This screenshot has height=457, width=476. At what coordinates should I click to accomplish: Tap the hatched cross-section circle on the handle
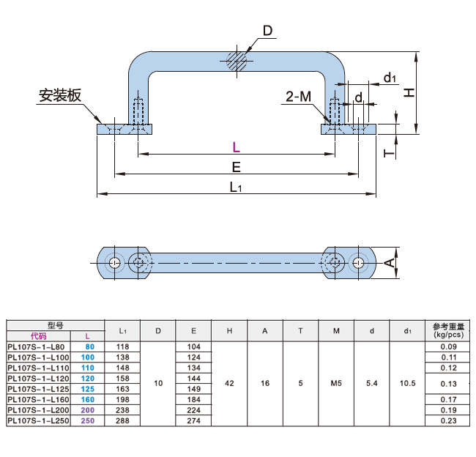237,60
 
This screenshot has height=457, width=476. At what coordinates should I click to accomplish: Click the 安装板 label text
60,96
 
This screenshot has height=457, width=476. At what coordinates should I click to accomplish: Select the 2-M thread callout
298,97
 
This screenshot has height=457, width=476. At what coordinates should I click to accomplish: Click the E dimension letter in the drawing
237,167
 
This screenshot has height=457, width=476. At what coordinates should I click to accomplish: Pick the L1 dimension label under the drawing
236,187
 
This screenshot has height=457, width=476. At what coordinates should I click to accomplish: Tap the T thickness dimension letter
390,152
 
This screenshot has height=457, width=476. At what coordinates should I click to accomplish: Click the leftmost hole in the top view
115,262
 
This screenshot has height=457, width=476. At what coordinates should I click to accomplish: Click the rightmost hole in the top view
358,262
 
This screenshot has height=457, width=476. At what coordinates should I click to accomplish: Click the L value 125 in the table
88,389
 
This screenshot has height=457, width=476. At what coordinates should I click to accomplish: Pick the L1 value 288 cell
122,421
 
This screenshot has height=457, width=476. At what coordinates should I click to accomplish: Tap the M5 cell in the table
336,383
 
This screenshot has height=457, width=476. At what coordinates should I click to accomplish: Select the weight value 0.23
448,421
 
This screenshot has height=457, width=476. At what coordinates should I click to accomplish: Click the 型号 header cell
56,324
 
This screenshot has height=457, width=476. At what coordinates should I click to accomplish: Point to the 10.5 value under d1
408,383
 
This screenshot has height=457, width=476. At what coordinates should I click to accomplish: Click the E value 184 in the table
193,400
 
